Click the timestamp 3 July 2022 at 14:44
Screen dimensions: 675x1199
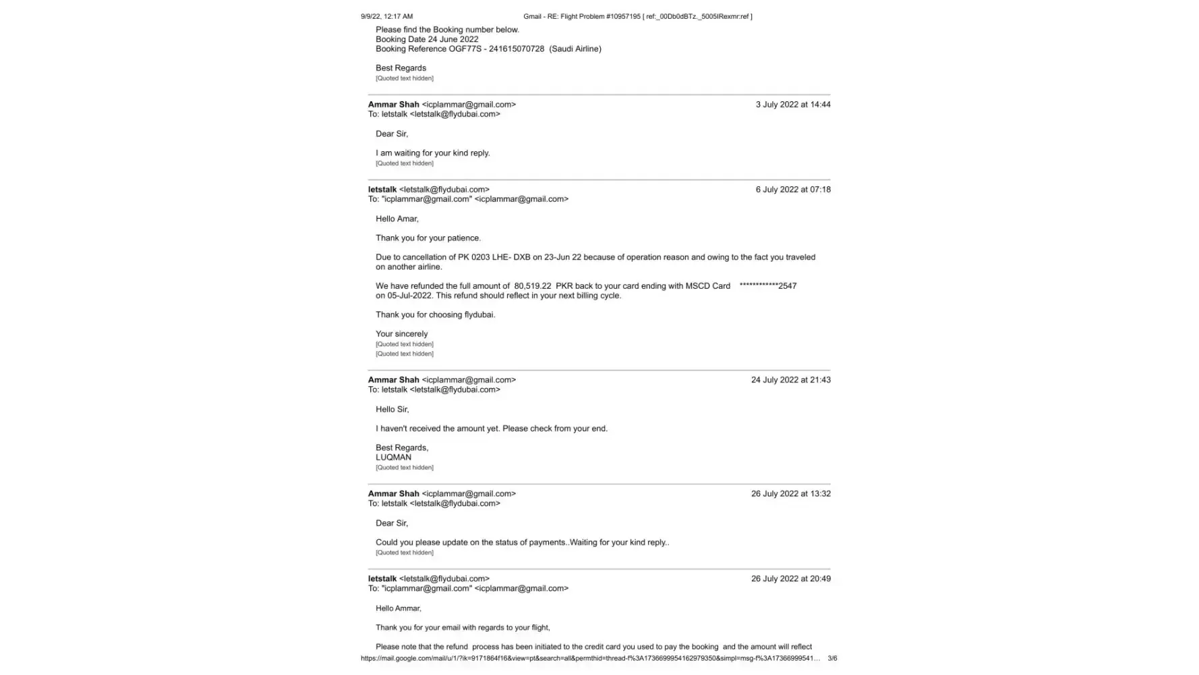tap(792, 105)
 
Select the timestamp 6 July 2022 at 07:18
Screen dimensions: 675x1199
tap(792, 190)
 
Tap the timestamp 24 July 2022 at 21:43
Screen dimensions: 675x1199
tap(790, 380)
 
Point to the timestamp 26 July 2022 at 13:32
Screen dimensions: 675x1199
tap(790, 494)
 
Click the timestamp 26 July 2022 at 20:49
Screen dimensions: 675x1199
tap(790, 579)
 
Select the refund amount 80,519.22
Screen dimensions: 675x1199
tap(532, 286)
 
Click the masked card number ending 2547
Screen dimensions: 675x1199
tap(767, 286)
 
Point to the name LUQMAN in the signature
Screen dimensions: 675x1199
tap(393, 458)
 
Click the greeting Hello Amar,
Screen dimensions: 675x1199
tap(397, 219)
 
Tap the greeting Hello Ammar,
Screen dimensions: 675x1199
tap(398, 609)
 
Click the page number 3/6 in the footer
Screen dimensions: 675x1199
tap(832, 658)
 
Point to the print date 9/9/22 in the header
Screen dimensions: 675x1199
tap(371, 16)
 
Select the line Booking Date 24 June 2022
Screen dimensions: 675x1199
tap(426, 39)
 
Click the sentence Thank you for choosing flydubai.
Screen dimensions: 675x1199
tap(435, 315)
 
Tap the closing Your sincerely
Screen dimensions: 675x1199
tap(401, 334)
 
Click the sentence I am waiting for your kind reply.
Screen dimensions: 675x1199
tap(432, 153)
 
